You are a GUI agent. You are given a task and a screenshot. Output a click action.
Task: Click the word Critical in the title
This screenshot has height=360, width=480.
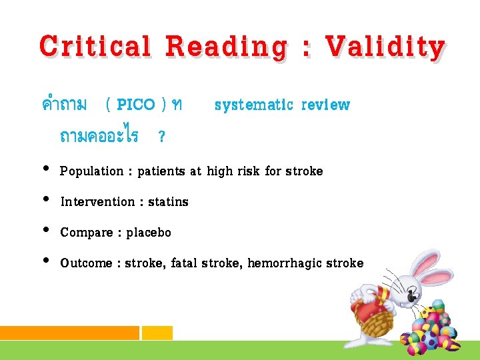click(x=95, y=47)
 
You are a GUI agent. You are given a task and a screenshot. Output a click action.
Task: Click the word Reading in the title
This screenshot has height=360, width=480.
click(x=227, y=47)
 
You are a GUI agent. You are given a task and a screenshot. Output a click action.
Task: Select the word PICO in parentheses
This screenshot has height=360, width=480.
click(x=136, y=105)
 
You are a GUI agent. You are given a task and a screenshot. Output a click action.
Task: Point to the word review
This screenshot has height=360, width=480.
click(x=325, y=105)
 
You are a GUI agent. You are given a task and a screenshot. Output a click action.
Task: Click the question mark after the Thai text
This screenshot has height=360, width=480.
click(x=161, y=137)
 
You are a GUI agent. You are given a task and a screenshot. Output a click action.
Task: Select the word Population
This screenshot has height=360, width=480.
click(x=91, y=171)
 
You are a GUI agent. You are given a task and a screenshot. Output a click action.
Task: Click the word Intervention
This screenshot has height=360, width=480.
click(x=97, y=202)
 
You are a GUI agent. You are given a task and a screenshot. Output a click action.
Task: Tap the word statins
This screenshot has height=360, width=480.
click(x=169, y=202)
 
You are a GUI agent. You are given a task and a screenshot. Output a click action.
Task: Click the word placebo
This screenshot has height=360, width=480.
click(x=149, y=233)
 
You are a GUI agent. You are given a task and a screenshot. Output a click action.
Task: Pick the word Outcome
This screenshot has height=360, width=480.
click(x=86, y=263)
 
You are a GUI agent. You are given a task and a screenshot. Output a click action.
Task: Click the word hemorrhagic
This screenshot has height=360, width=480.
click(x=285, y=263)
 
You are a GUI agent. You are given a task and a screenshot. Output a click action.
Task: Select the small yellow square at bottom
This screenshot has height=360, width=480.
click(x=157, y=333)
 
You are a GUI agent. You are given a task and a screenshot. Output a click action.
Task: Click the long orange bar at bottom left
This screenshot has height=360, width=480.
click(x=69, y=333)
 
